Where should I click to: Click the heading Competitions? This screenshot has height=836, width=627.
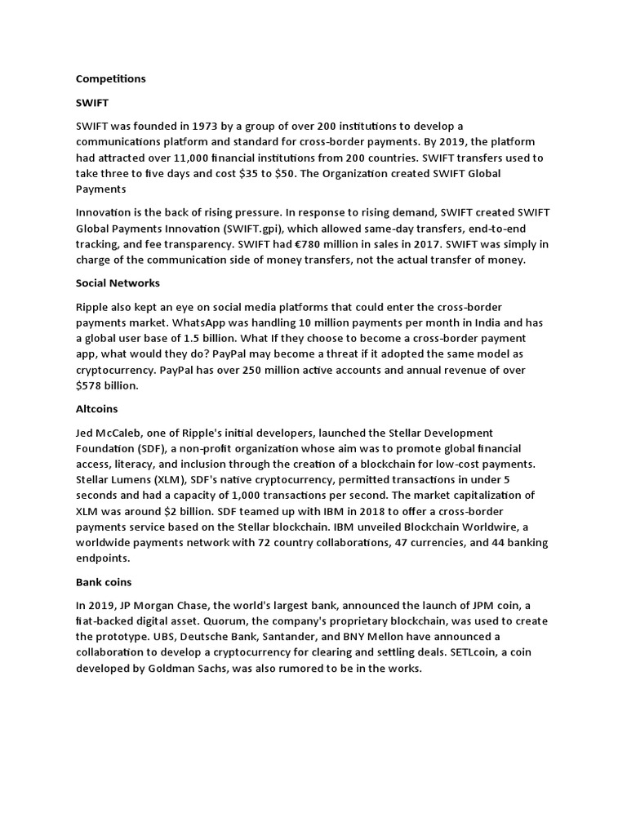tap(110, 79)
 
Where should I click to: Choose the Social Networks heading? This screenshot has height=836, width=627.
tap(118, 283)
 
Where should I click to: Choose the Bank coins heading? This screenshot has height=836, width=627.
tap(104, 582)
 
